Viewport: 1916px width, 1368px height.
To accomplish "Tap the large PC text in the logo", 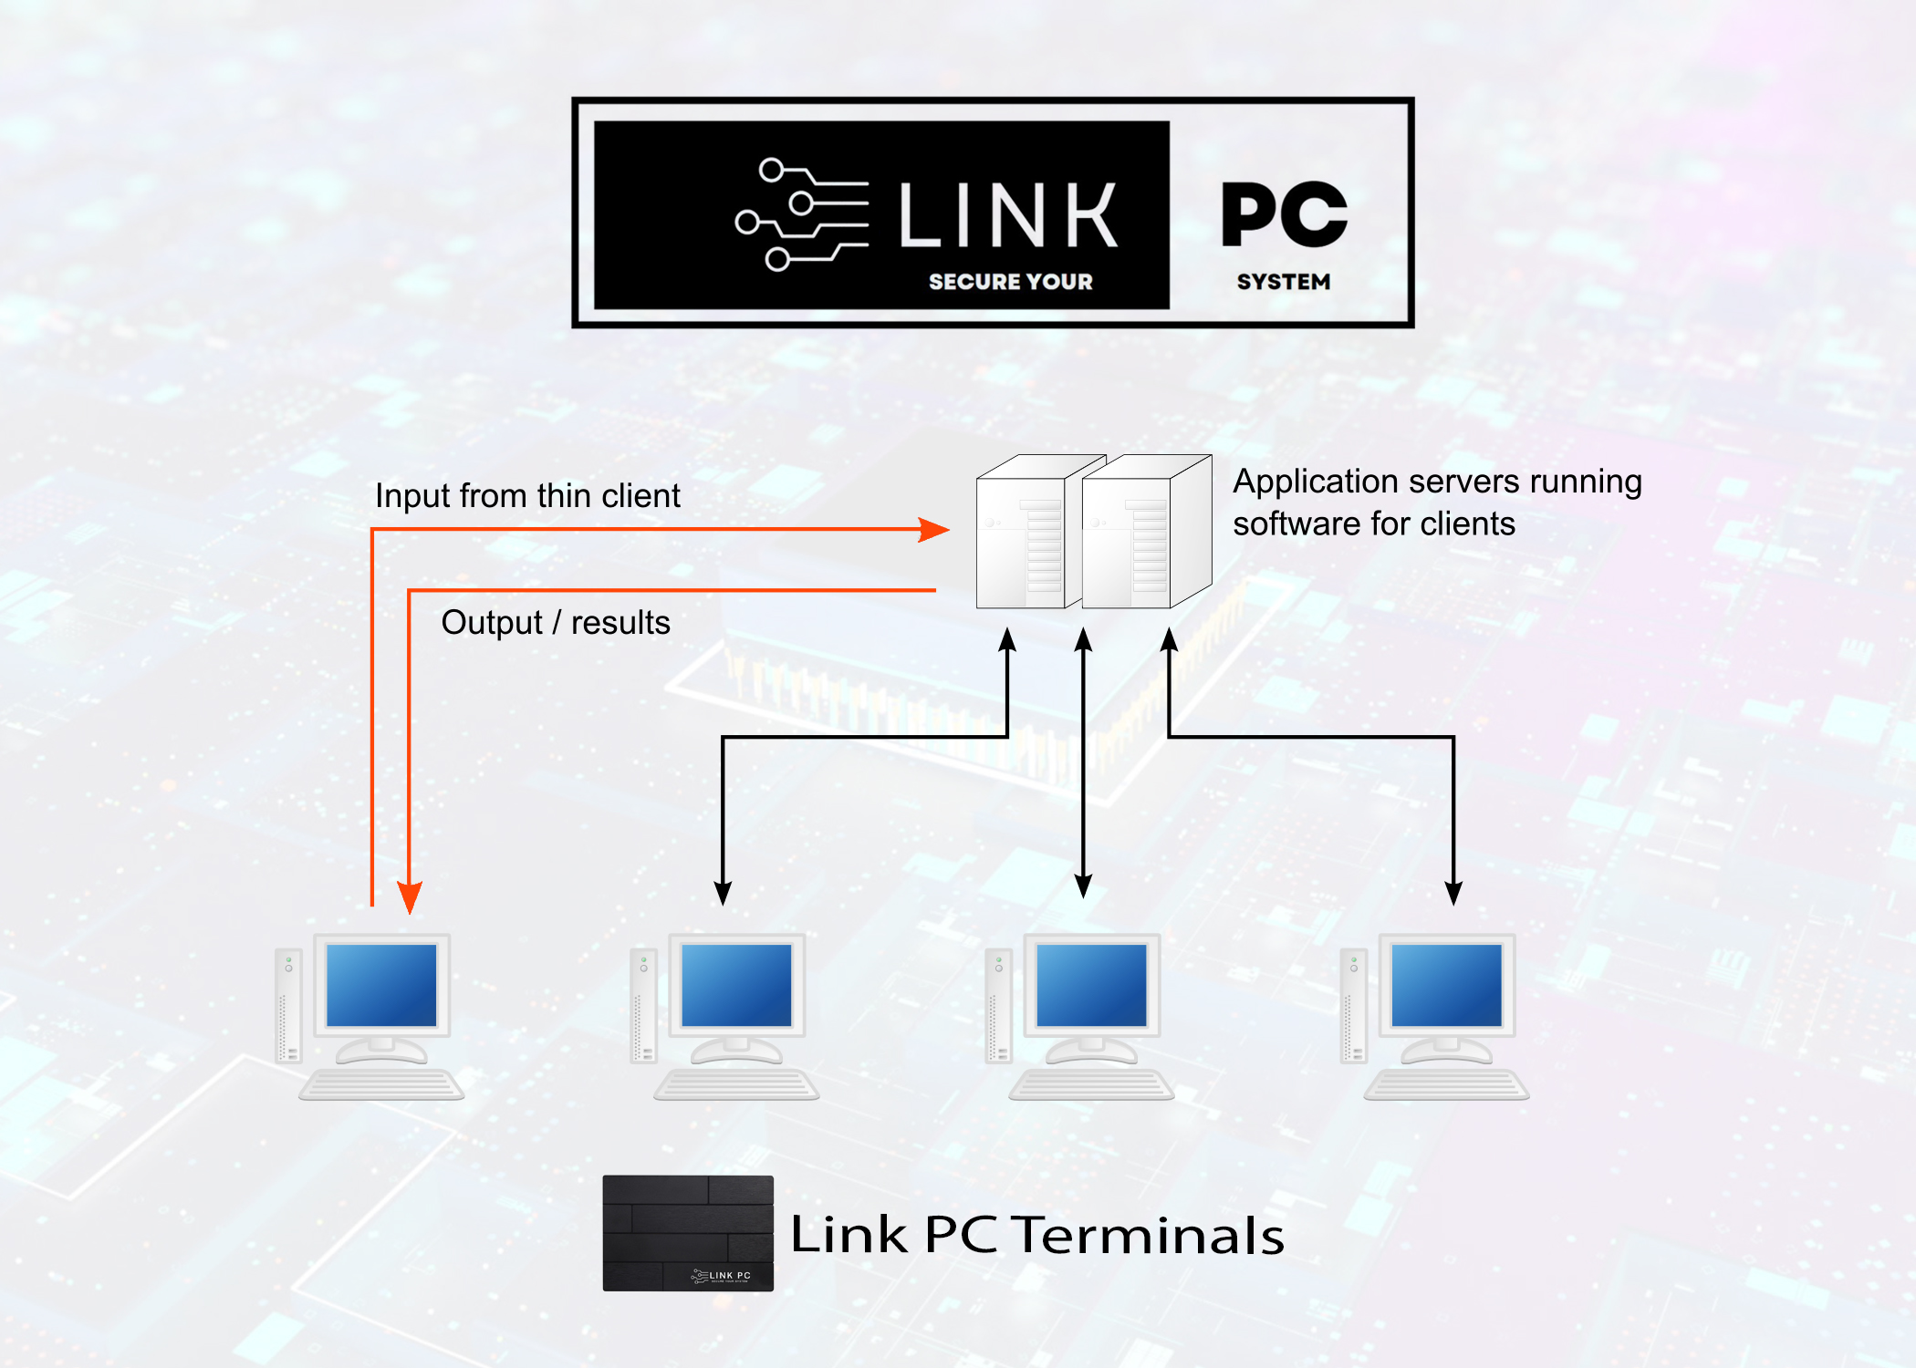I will pyautogui.click(x=1284, y=214).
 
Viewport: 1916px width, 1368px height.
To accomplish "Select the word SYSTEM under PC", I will pyautogui.click(x=1283, y=282).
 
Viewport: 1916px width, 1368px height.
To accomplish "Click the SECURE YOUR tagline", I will pyautogui.click(x=1010, y=282).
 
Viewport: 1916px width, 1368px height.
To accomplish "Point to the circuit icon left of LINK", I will pyautogui.click(x=800, y=214).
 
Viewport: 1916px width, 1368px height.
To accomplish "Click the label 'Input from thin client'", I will pyautogui.click(x=527, y=496).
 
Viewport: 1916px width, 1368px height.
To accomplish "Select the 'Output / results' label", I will pyautogui.click(x=555, y=623).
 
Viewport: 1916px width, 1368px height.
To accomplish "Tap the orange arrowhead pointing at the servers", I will pyautogui.click(x=934, y=529).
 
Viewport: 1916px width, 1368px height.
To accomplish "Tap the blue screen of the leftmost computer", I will pyautogui.click(x=381, y=985).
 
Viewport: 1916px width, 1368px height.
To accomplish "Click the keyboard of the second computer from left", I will pyautogui.click(x=736, y=1085).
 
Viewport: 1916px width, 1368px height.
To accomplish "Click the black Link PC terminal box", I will pyautogui.click(x=688, y=1233).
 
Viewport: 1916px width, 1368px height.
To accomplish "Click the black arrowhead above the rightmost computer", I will pyautogui.click(x=1453, y=893).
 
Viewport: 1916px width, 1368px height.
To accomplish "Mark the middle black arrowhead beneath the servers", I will pyautogui.click(x=1083, y=641).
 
